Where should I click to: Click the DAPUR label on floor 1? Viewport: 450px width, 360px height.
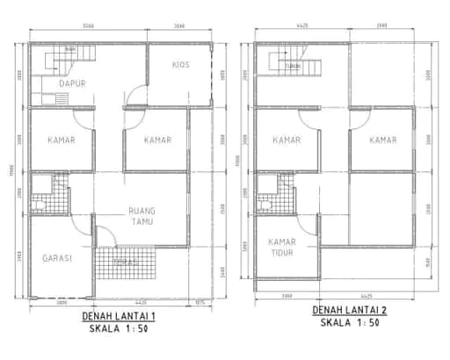[x=59, y=84]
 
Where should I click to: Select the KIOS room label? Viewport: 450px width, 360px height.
[x=181, y=65]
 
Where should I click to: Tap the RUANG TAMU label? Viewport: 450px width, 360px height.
[x=142, y=216]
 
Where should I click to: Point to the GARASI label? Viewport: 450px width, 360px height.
[x=56, y=258]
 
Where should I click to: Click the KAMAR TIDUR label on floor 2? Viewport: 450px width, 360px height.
[x=281, y=247]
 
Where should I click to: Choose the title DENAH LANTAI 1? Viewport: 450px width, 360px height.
[x=118, y=316]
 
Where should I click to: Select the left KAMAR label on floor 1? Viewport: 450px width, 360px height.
[x=61, y=140]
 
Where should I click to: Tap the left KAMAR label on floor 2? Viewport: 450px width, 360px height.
[x=287, y=140]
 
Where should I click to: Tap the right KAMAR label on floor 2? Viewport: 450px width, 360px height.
[x=382, y=140]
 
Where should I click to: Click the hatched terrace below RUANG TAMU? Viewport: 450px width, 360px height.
[x=127, y=262]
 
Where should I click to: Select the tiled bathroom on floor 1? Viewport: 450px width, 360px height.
[x=48, y=194]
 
